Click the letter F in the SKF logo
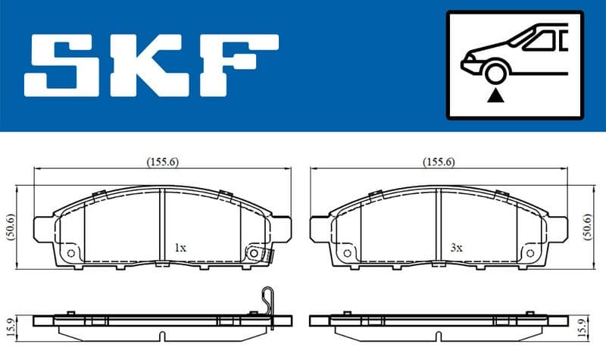238,65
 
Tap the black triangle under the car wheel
495,95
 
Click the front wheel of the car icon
495,74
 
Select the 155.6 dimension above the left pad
163,162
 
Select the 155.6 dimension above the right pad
439,162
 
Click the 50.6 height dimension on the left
11,227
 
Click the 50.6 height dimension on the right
588,227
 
